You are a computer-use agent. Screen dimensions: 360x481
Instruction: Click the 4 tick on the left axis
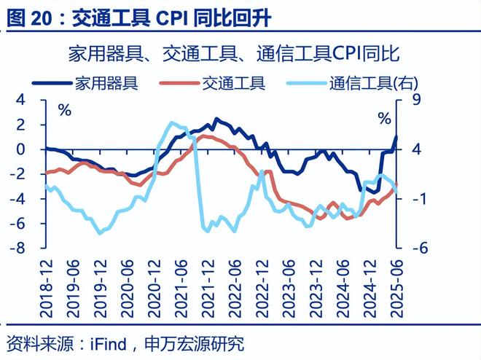(22, 100)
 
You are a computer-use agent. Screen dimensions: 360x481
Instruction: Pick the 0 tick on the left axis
(22, 149)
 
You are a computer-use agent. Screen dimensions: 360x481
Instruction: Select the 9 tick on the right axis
(409, 100)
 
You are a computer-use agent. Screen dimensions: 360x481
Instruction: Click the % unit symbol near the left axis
(65, 111)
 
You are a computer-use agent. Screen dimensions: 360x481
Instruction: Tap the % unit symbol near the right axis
(383, 116)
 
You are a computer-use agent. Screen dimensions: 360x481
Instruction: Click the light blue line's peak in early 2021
(172, 123)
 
